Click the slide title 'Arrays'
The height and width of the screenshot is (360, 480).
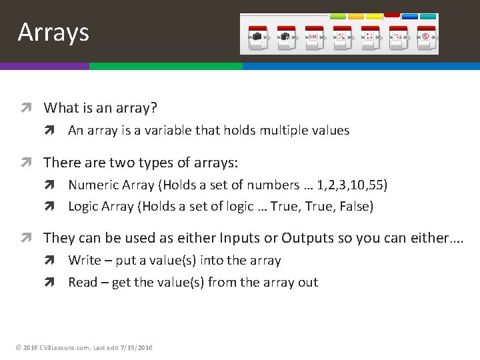point(53,32)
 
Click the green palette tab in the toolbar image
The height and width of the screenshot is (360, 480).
point(338,16)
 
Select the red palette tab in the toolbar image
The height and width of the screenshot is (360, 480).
point(392,15)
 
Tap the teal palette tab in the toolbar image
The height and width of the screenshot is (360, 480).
point(428,16)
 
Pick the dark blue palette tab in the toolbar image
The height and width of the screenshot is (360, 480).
point(410,16)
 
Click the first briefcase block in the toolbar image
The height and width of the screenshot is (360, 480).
point(257,37)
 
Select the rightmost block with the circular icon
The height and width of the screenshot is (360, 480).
point(425,37)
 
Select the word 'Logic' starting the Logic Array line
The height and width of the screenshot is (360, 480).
point(83,207)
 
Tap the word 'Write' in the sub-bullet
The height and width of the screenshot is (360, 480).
point(84,261)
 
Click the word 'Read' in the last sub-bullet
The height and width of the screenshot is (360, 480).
point(83,283)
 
